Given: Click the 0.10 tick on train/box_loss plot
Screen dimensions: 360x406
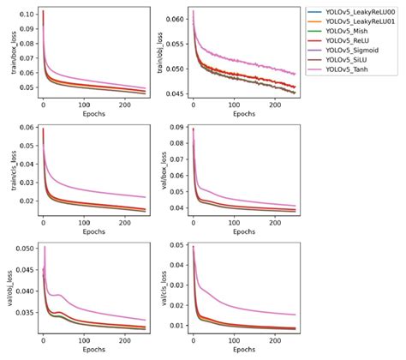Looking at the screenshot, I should [27, 15].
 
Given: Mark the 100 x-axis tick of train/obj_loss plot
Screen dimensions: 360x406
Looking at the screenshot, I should [231, 105].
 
